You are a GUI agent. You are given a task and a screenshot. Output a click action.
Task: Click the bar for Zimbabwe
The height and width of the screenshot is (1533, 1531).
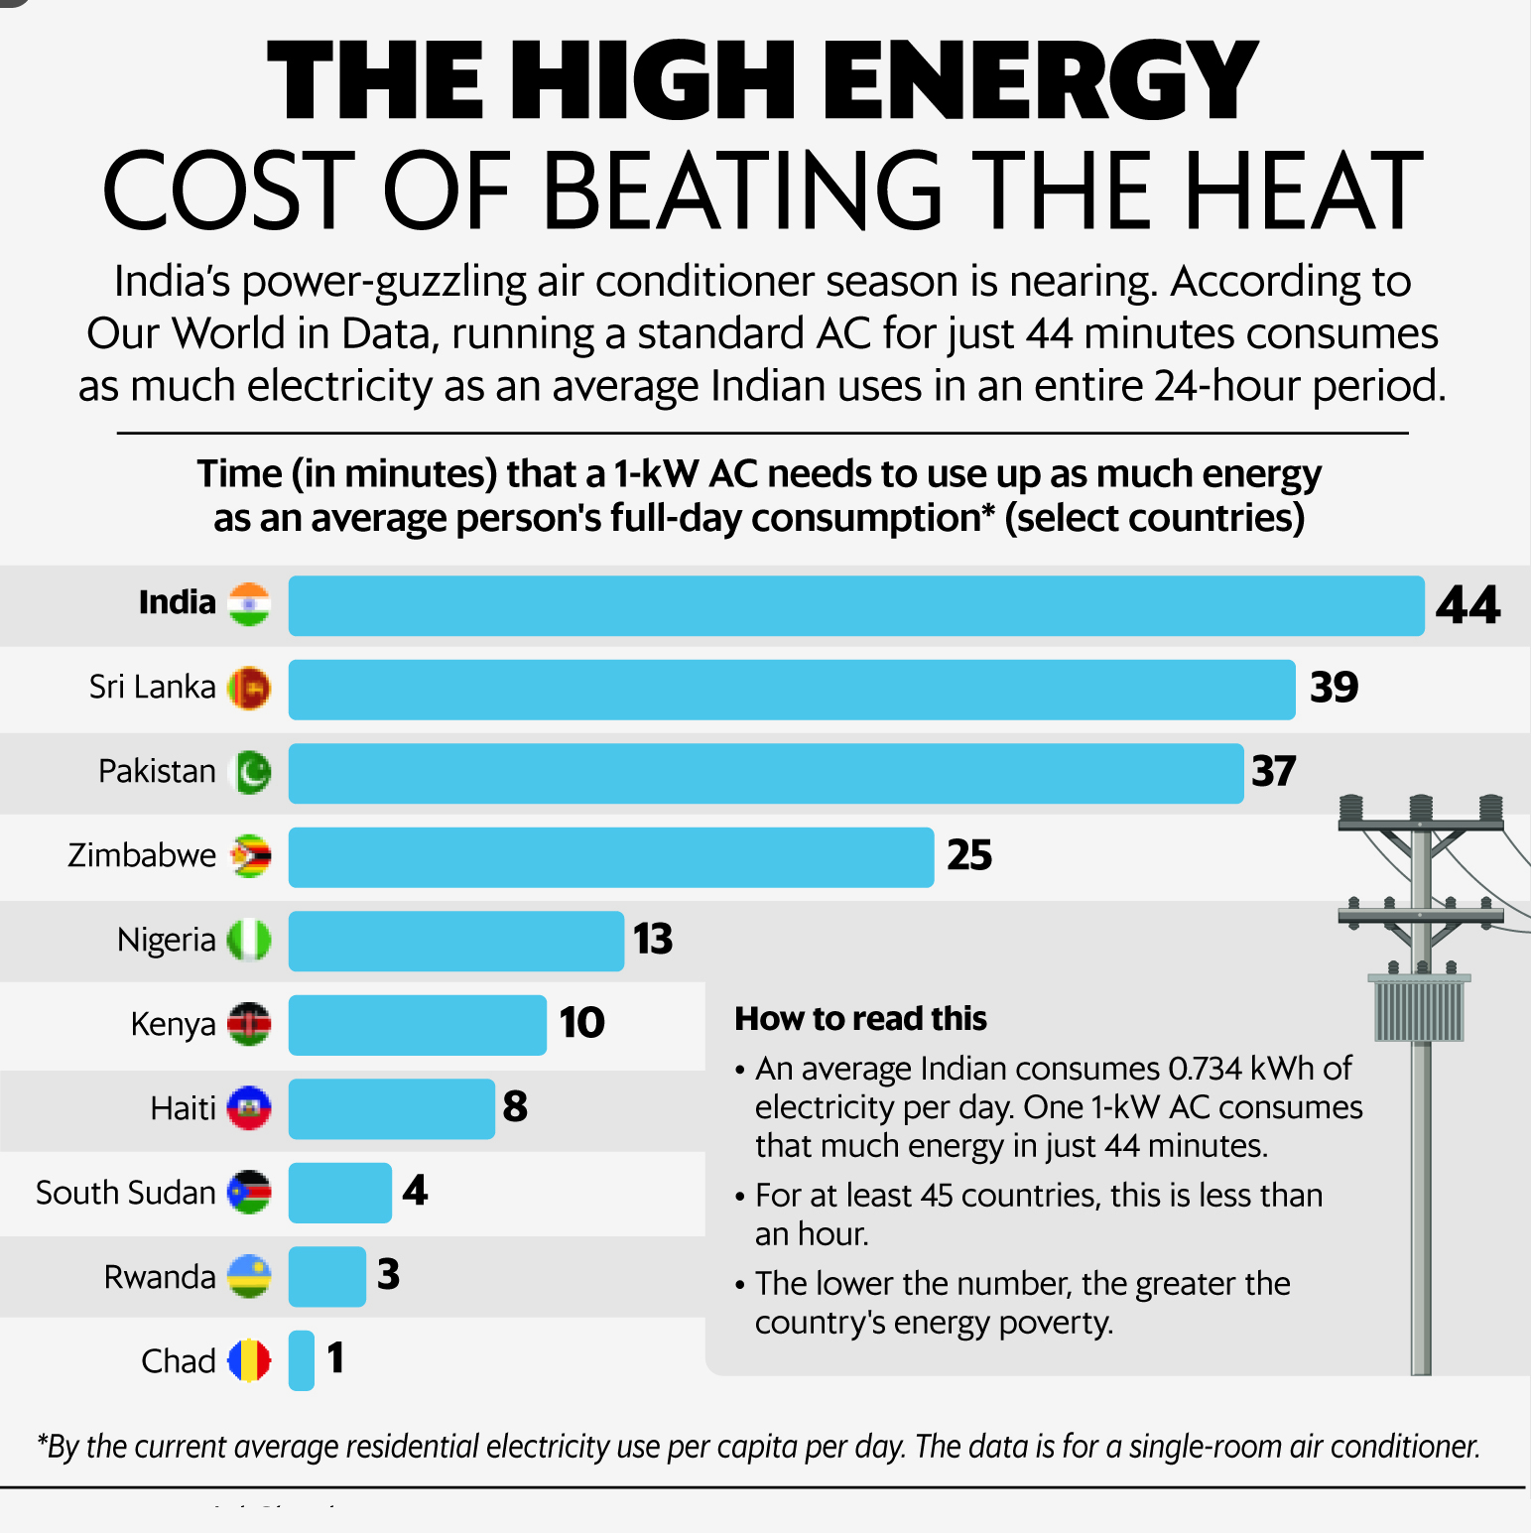click(x=610, y=857)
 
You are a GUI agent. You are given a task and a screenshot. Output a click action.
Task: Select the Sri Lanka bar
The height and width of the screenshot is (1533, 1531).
click(x=791, y=690)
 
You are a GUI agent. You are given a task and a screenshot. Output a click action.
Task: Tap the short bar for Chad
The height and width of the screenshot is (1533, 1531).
click(x=302, y=1360)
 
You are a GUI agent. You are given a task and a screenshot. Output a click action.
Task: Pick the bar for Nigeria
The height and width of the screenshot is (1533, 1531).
click(x=455, y=941)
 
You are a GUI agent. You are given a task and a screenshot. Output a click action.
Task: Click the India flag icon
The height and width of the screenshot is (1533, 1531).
click(x=249, y=604)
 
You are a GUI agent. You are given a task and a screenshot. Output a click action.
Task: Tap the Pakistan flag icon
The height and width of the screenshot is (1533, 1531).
click(x=249, y=772)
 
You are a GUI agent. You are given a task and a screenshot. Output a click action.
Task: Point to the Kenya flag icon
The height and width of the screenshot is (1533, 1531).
click(x=249, y=1024)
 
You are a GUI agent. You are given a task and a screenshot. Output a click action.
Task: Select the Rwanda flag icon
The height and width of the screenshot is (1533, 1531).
click(x=249, y=1276)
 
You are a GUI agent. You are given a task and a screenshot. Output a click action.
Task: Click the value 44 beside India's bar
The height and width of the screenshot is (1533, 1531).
click(x=1467, y=605)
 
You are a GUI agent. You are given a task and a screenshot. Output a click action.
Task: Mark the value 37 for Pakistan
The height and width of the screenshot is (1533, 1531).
click(x=1274, y=772)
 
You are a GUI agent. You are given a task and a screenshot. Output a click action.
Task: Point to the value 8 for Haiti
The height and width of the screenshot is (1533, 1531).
click(x=515, y=1106)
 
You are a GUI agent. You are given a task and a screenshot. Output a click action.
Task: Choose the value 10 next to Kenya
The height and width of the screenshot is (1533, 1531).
click(x=581, y=1023)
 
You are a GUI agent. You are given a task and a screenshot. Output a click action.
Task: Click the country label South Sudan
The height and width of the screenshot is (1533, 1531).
click(x=125, y=1193)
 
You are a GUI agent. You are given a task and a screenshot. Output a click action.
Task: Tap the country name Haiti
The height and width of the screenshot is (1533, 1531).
click(x=183, y=1108)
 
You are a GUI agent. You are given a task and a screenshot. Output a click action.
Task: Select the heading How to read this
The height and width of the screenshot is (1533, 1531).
click(x=860, y=1019)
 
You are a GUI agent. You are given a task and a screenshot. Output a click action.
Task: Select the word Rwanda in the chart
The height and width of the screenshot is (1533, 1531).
click(x=159, y=1277)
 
